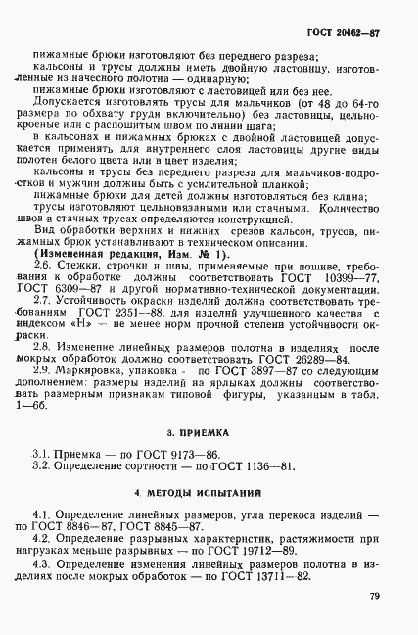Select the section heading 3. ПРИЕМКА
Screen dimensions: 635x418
tap(209, 401)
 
